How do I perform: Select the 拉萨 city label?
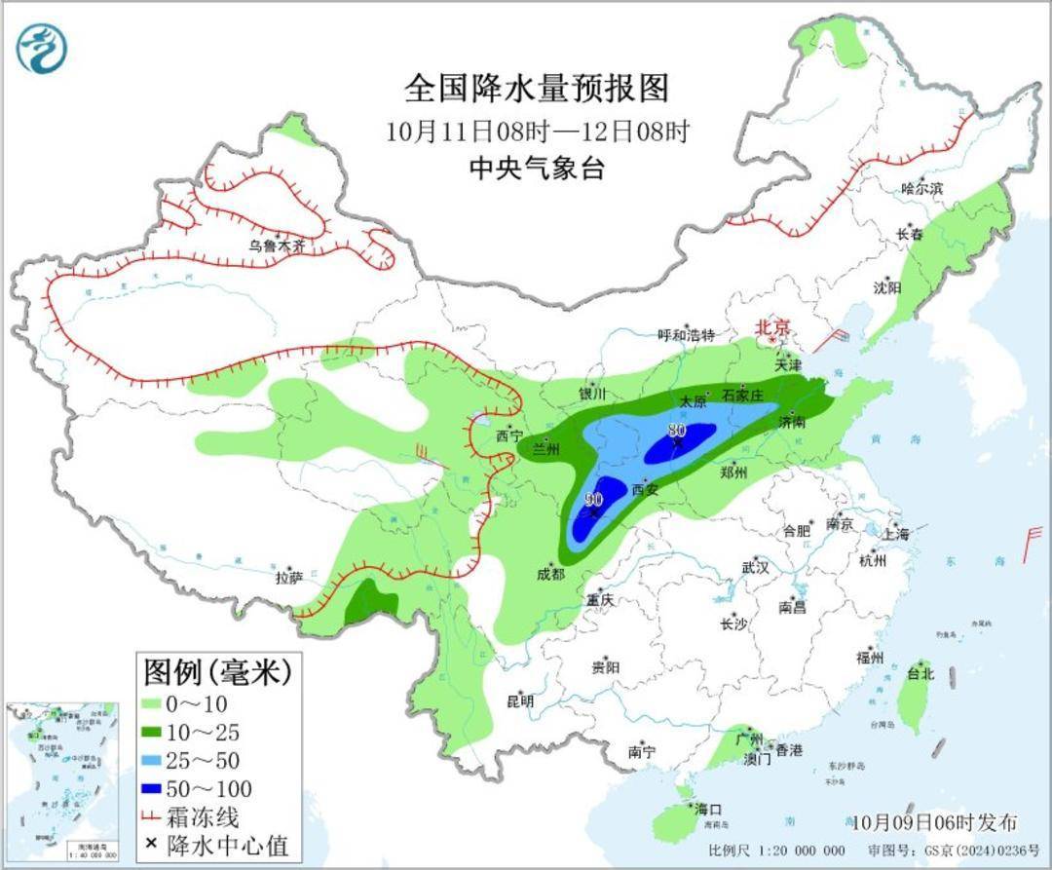tap(288, 577)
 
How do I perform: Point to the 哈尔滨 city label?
tap(921, 188)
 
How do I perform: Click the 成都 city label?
tap(549, 574)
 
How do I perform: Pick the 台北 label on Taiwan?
tap(920, 673)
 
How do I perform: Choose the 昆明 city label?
tap(520, 700)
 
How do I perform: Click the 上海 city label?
tap(894, 534)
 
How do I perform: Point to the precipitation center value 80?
tap(676, 430)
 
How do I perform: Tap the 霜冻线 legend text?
tap(204, 816)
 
